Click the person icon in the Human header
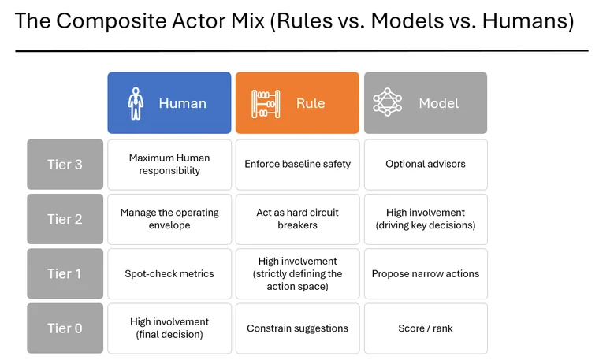136,103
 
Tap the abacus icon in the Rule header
266,103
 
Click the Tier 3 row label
65,165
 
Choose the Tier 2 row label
65,219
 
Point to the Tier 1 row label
65,273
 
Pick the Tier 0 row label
65,328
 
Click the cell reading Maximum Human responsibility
169,165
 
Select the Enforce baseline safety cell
297,165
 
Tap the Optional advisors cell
426,165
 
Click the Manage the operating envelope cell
169,219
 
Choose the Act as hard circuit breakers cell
297,219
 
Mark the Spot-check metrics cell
169,273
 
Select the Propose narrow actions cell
426,273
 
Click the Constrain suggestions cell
297,328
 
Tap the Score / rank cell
426,328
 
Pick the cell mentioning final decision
169,328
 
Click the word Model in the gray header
438,103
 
